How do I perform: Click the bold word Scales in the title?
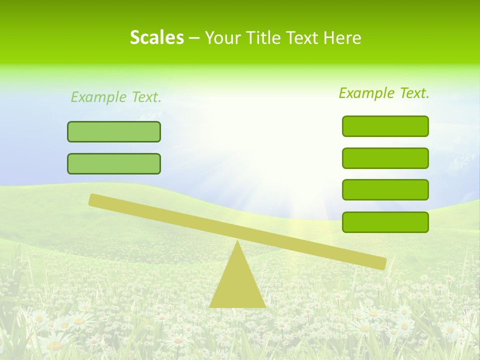[x=156, y=38]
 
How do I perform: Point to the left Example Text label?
[x=116, y=97]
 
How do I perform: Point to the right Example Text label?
[x=384, y=93]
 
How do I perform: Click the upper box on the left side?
[x=114, y=131]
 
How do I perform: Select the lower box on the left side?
[x=114, y=163]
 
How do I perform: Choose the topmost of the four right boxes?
[x=385, y=126]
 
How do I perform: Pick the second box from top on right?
[x=385, y=158]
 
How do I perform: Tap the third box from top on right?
[x=385, y=189]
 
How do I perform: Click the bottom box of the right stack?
[x=385, y=222]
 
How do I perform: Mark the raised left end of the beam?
[x=93, y=199]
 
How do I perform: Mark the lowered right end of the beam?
[x=381, y=263]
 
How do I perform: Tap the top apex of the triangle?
[x=237, y=242]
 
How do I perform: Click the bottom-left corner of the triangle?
[x=210, y=306]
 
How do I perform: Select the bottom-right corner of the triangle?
[x=264, y=306]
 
